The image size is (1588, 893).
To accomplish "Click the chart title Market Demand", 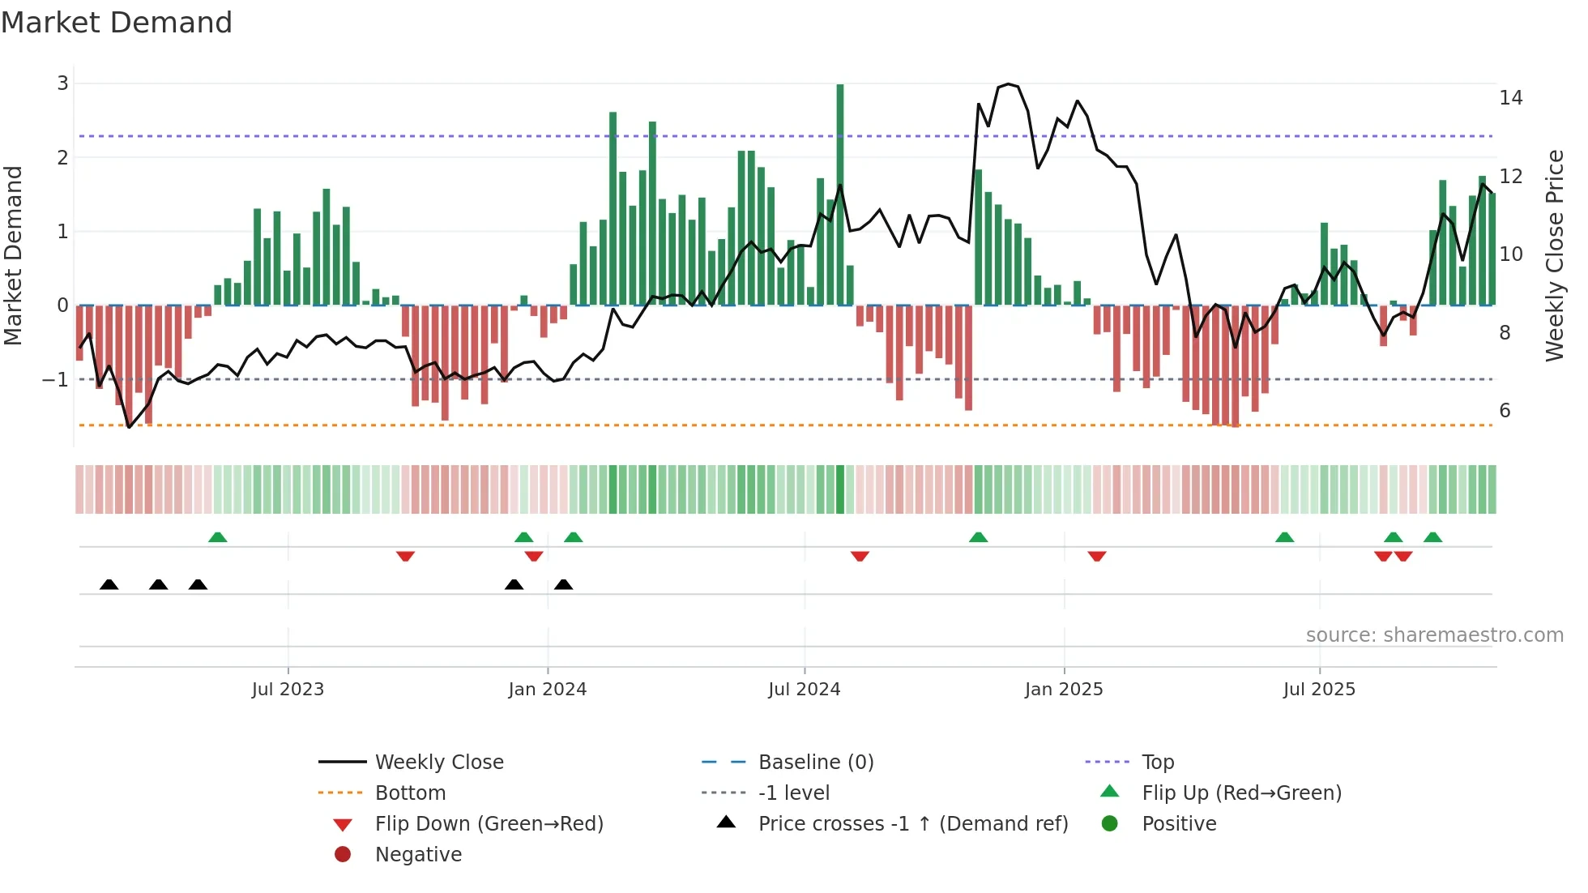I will [x=117, y=23].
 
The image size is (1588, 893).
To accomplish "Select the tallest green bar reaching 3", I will [x=840, y=194].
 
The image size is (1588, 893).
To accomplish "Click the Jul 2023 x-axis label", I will [x=288, y=690].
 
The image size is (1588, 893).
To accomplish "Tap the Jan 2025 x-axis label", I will [x=1063, y=690].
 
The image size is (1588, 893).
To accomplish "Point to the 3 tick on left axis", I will [x=62, y=83].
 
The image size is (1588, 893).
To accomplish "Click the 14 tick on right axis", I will [x=1510, y=98].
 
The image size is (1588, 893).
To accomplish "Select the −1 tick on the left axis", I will [x=55, y=379].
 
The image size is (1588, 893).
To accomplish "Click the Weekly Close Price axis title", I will [x=1554, y=255].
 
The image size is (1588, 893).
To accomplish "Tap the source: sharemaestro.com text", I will [x=1434, y=635].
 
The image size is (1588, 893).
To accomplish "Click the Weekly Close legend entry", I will [x=438, y=763].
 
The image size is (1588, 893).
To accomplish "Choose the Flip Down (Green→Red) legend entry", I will [x=489, y=824].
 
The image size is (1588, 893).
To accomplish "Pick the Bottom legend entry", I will [x=410, y=793].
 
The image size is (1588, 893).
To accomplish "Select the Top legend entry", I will [x=1157, y=763].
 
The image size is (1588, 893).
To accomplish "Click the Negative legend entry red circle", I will [x=343, y=855].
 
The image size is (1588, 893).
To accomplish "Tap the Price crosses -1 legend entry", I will [x=912, y=824].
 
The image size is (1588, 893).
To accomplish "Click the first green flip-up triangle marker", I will [x=217, y=537].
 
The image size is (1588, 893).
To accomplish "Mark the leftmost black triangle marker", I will [x=109, y=584].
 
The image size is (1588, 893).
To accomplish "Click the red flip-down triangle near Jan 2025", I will [x=1097, y=556].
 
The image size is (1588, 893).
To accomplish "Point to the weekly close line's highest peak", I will [x=1008, y=84].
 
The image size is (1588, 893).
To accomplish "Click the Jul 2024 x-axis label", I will [x=804, y=690].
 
